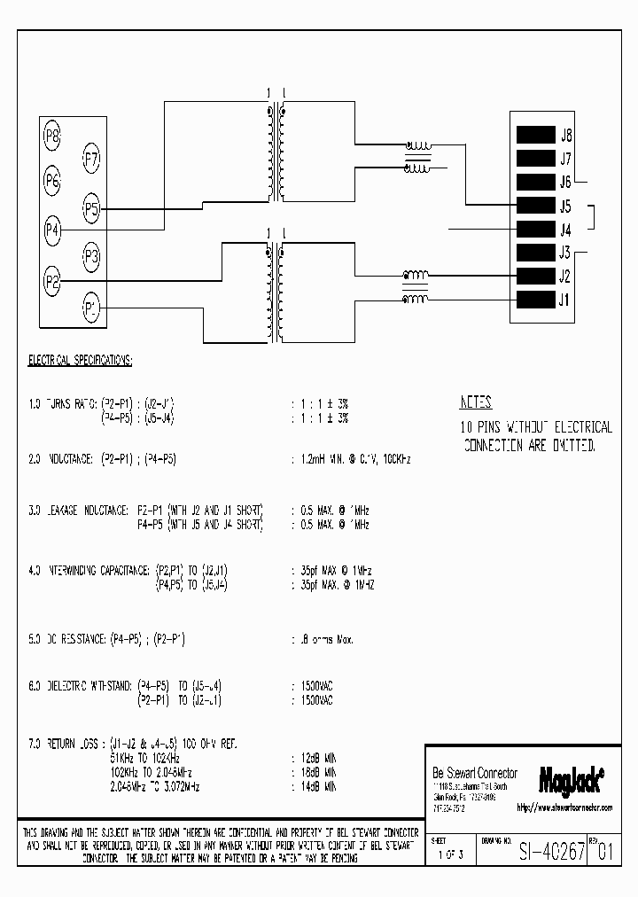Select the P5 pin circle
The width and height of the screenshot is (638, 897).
click(91, 209)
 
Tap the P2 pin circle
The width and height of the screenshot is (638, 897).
click(52, 283)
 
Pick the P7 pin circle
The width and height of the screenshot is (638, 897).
click(91, 160)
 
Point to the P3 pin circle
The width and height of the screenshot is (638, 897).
click(91, 258)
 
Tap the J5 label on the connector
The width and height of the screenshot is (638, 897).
click(565, 207)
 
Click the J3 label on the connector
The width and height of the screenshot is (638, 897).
click(565, 253)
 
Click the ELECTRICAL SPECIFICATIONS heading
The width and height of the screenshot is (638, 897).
click(81, 361)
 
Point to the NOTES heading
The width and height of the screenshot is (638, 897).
click(476, 402)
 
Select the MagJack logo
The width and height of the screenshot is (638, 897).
click(572, 778)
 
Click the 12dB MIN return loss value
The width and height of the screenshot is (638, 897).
click(314, 759)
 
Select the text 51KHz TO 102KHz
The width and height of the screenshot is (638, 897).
click(145, 759)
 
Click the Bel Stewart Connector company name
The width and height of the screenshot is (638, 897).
click(474, 773)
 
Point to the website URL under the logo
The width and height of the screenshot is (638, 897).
click(564, 807)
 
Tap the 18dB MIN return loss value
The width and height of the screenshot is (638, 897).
click(314, 772)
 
